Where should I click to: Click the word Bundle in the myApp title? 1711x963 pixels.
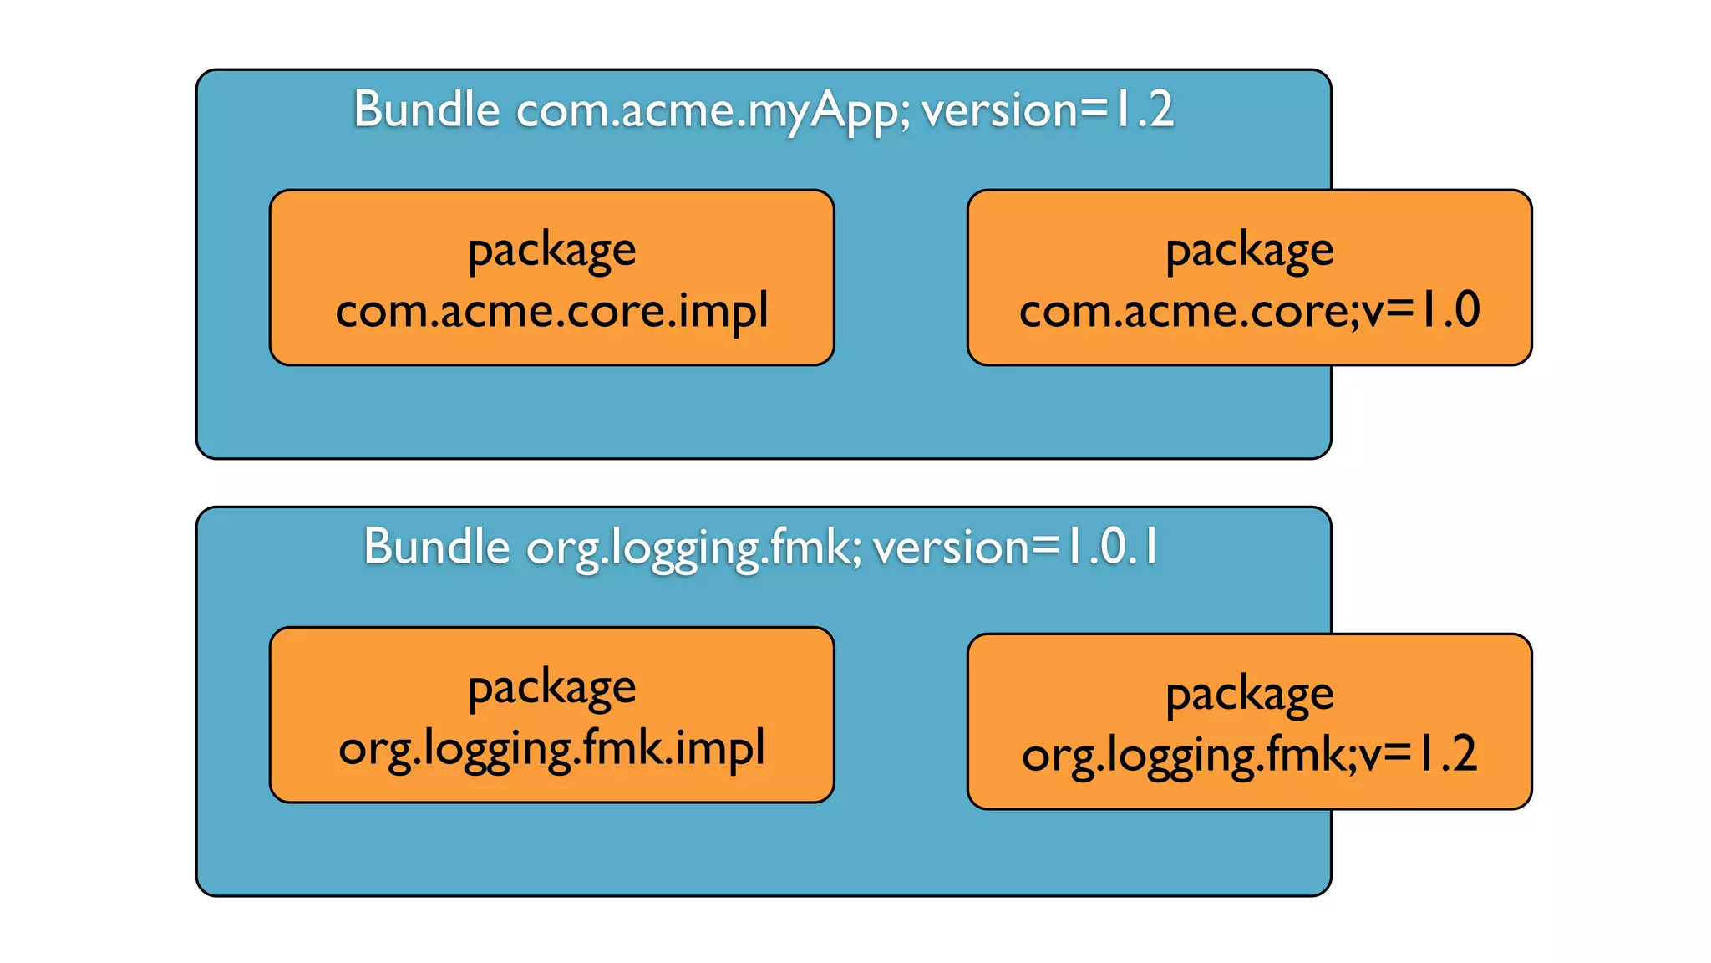pyautogui.click(x=426, y=110)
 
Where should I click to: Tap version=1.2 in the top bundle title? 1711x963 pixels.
pyautogui.click(x=1048, y=110)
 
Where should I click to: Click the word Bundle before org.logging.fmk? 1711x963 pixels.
pyautogui.click(x=436, y=547)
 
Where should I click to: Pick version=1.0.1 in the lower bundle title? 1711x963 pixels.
pyautogui.click(x=1015, y=547)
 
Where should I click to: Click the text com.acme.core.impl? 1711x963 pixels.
pyautogui.click(x=551, y=311)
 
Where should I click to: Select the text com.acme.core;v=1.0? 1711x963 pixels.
pyautogui.click(x=1249, y=310)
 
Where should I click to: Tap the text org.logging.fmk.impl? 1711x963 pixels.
pyautogui.click(x=551, y=748)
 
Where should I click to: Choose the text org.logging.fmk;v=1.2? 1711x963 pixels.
pyautogui.click(x=1249, y=754)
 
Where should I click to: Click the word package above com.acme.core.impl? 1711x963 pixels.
pyautogui.click(x=551, y=251)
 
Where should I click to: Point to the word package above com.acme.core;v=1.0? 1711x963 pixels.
pyautogui.click(x=1249, y=251)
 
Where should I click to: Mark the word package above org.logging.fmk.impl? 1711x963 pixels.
pyautogui.click(x=551, y=689)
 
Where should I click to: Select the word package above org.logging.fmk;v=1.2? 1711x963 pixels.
pyautogui.click(x=1249, y=695)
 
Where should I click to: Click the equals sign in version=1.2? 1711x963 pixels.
pyautogui.click(x=1094, y=110)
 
